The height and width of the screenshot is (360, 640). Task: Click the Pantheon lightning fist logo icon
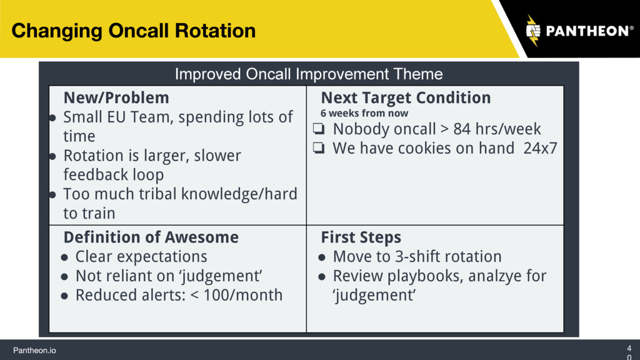tap(533, 31)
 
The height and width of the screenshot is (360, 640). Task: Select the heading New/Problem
tap(116, 98)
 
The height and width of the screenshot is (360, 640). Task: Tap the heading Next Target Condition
tap(406, 98)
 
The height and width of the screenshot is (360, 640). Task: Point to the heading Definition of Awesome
tap(151, 237)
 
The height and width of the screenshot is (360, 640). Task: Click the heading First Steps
tap(361, 237)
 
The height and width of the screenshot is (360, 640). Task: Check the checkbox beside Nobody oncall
tap(319, 129)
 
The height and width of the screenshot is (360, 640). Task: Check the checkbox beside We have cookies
tap(319, 147)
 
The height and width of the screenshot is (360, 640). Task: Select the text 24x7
tap(540, 148)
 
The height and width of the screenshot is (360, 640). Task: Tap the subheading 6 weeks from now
tap(364, 113)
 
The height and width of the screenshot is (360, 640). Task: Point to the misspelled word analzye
tap(495, 276)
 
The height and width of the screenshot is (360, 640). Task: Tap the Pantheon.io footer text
tap(35, 350)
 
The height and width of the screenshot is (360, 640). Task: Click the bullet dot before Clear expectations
tap(64, 257)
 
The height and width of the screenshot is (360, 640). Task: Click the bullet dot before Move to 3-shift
tap(322, 257)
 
